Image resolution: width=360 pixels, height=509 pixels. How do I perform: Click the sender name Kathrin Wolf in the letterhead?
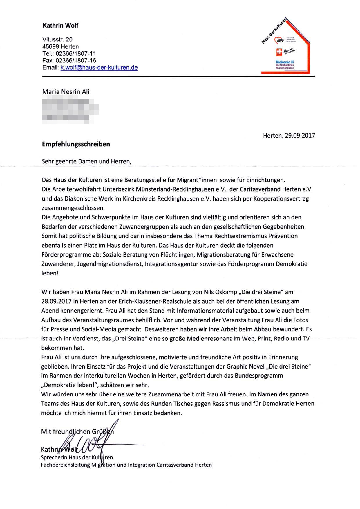coord(60,26)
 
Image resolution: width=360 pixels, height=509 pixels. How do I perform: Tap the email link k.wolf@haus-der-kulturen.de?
coord(99,68)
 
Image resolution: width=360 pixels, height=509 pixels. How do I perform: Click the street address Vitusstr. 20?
coord(57,39)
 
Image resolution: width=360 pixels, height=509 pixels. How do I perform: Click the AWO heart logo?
coord(280,40)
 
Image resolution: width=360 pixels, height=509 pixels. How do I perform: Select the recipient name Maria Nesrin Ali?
coord(66,92)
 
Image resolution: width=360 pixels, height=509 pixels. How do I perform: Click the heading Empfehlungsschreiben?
coord(76,144)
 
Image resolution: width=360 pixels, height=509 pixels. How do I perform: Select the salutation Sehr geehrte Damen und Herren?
coord(86,161)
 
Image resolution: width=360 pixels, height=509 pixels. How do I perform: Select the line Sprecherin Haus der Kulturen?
coord(77,457)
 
